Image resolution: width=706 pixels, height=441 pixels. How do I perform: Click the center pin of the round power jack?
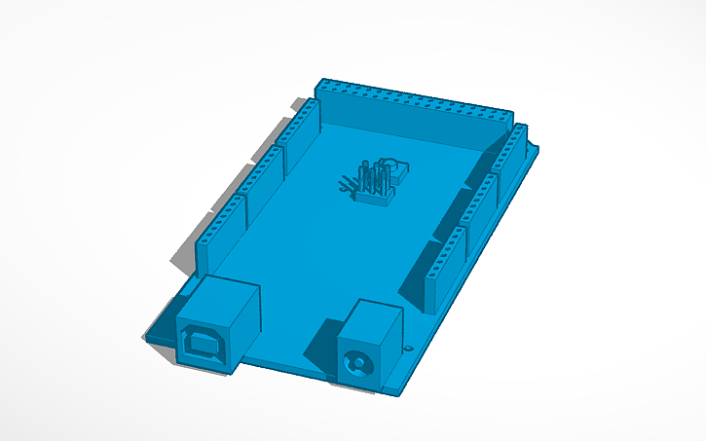click(358, 368)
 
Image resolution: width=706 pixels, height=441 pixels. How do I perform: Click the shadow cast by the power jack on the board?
click(324, 341)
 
